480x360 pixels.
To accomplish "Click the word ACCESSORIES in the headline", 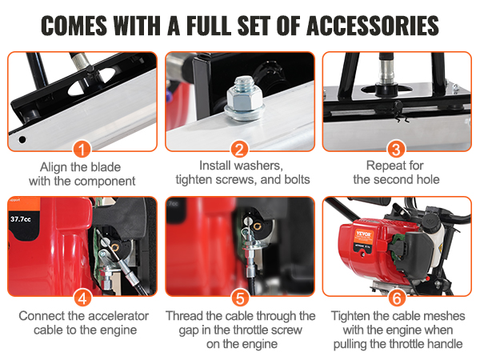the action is (373, 26).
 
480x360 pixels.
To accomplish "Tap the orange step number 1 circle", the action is (82, 149).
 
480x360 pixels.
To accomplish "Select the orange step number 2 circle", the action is (239, 149).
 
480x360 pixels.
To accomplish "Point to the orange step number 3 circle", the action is (397, 149).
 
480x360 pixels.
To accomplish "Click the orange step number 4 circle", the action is (82, 298).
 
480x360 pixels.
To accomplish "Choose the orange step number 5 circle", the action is (240, 298).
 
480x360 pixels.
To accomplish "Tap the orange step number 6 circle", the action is (397, 298).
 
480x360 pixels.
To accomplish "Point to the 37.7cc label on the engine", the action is (21, 219).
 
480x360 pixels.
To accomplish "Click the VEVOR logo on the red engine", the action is (364, 234).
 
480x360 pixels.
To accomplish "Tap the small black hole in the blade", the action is (22, 139).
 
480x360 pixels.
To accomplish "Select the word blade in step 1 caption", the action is (104, 167).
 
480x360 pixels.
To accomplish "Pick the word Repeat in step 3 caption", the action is (384, 166).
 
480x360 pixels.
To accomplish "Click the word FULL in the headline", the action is (209, 26).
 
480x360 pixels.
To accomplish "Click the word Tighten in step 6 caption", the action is (352, 316).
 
